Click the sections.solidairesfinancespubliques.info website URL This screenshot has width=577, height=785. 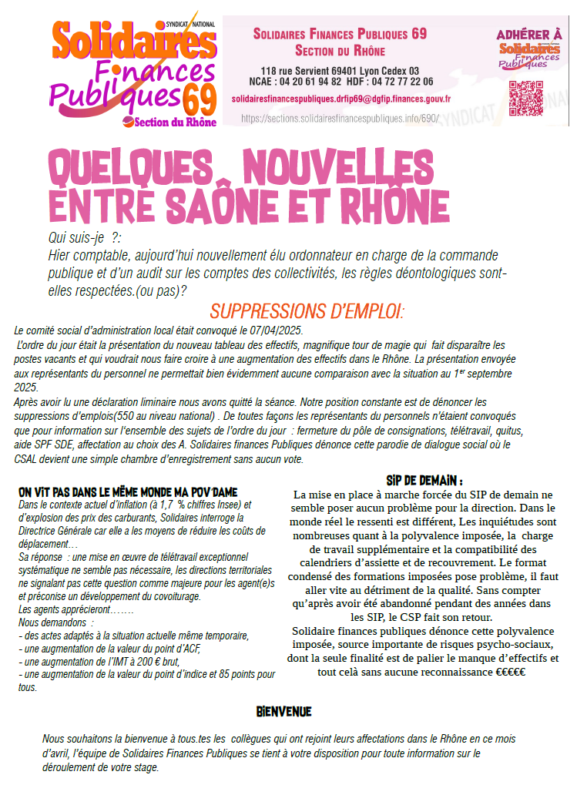(x=339, y=119)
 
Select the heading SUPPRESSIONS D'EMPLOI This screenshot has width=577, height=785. (x=307, y=312)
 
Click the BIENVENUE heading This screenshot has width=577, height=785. (x=284, y=710)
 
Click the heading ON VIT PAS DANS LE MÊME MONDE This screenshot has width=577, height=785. (x=128, y=491)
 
